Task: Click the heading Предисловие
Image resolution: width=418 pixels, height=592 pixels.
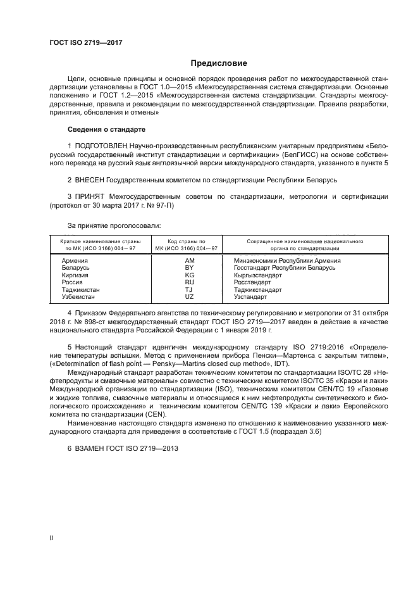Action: [x=219, y=63]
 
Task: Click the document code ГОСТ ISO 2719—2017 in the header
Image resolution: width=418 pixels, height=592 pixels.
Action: [x=85, y=42]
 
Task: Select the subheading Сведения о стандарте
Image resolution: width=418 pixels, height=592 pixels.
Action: [x=106, y=129]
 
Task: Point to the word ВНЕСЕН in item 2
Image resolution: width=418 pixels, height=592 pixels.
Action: [x=90, y=180]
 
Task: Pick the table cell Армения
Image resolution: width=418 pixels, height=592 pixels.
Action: [x=74, y=260]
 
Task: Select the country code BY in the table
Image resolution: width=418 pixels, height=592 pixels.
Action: [x=189, y=268]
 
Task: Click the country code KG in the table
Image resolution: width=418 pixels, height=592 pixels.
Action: [x=189, y=275]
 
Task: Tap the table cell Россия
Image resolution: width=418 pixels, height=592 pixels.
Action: [x=72, y=282]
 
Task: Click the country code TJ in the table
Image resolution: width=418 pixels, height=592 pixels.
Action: [x=189, y=289]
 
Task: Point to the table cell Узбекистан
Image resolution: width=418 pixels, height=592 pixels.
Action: [x=78, y=296]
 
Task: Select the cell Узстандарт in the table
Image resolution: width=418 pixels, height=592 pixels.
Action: [x=250, y=296]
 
